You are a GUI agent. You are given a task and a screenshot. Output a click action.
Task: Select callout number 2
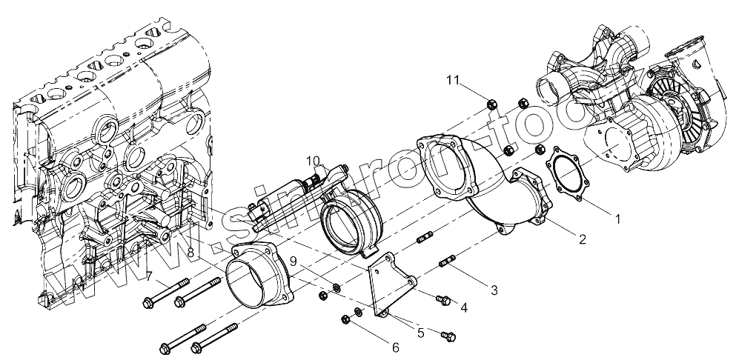click(x=583, y=239)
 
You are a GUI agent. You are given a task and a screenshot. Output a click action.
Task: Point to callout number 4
click(x=463, y=307)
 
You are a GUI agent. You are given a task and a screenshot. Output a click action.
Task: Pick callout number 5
click(x=420, y=334)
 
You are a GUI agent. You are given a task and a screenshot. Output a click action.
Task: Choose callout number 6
click(x=395, y=346)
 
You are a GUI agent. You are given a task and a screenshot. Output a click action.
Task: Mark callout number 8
click(x=190, y=253)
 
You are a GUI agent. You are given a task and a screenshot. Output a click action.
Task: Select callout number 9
click(x=293, y=261)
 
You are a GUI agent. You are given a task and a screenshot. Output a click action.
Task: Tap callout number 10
click(x=312, y=161)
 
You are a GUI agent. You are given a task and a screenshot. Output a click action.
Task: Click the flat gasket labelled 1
click(x=567, y=175)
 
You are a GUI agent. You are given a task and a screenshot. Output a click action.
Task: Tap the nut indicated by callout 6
click(x=345, y=319)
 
